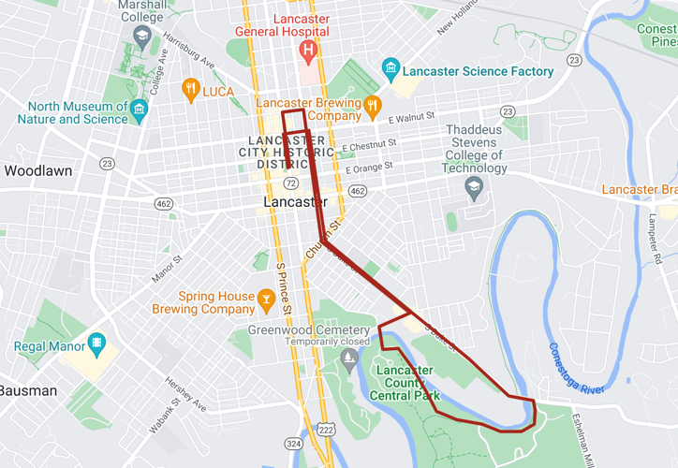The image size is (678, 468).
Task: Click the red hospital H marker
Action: click(306, 49)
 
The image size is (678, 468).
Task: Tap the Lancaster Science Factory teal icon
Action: click(391, 70)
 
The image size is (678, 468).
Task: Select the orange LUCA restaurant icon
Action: click(191, 91)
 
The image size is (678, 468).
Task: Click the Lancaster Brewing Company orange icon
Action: click(372, 106)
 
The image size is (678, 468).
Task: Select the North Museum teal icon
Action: click(140, 110)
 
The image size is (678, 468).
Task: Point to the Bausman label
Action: click(28, 390)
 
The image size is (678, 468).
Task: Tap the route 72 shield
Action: click(293, 183)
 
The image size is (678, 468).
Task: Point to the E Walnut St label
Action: click(412, 117)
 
